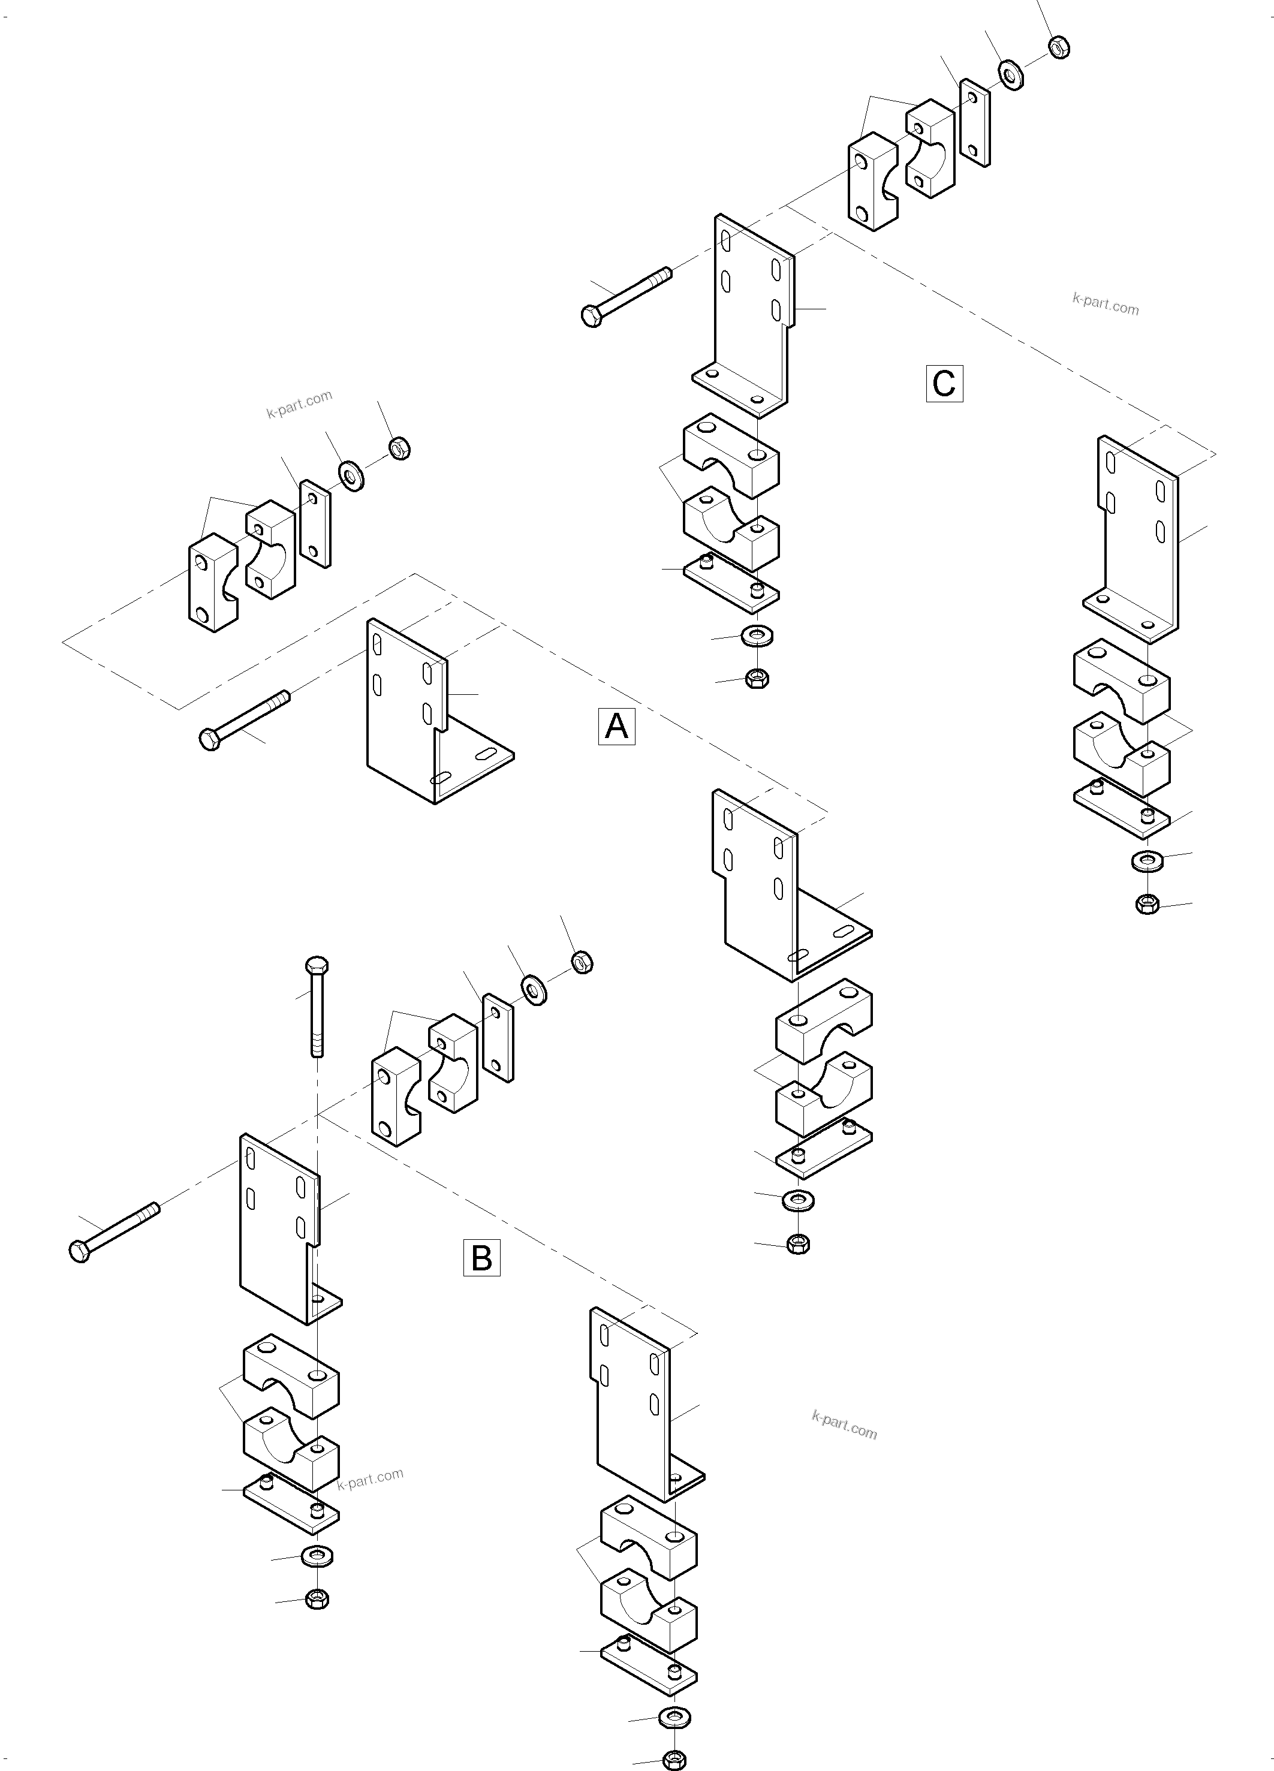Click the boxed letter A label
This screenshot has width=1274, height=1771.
616,726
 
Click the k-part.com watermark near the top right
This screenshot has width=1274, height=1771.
1106,304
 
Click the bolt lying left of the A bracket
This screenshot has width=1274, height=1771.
245,718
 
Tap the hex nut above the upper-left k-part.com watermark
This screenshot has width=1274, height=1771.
399,448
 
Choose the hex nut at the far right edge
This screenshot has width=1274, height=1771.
1147,904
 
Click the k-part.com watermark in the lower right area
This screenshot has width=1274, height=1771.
844,1426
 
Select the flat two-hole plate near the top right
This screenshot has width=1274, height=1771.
974,122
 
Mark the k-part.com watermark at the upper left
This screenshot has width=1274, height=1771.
300,403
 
